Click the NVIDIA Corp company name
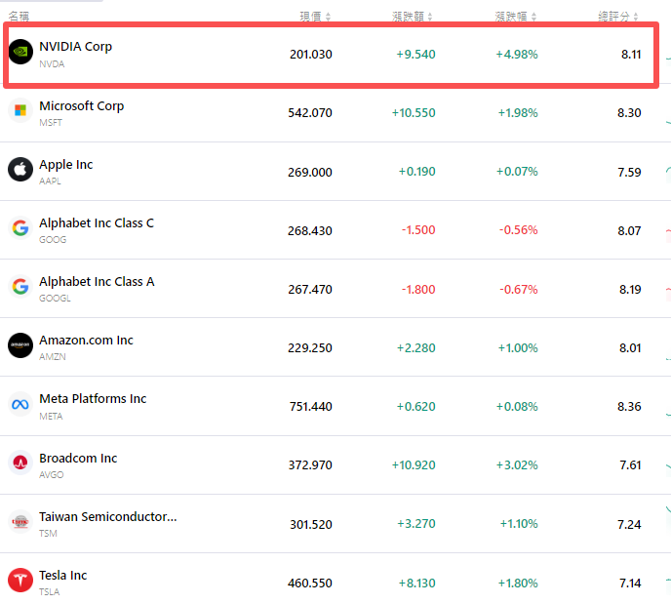coord(75,47)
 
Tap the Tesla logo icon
coord(20,580)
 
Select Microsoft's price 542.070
coord(310,113)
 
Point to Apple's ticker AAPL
coord(51,181)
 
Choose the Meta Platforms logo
coord(20,404)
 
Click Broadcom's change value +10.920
coord(414,465)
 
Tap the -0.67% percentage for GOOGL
coord(518,289)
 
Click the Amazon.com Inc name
coord(86,341)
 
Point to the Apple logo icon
coord(20,169)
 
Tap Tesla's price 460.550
coord(310,584)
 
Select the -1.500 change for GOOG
coord(418,230)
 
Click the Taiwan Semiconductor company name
coord(107,516)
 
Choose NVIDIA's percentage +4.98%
coord(517,55)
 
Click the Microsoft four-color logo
coord(20,110)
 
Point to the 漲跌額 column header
coord(409,16)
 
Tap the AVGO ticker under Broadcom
coord(51,475)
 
